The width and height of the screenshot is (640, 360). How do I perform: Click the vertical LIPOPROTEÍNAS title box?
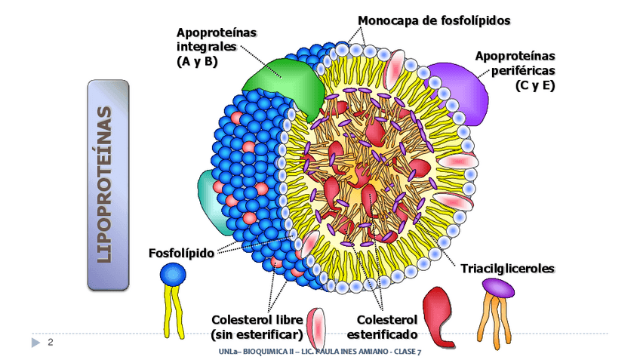(108, 185)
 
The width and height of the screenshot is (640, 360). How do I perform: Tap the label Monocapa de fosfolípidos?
(434, 20)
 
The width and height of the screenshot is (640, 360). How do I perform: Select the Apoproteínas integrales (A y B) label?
(206, 47)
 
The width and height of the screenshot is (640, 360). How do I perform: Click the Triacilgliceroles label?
(507, 269)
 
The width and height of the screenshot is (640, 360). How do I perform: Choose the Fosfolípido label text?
(180, 252)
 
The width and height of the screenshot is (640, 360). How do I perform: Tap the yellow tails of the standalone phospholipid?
(173, 311)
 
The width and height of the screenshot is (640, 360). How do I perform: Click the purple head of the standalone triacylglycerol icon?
(497, 287)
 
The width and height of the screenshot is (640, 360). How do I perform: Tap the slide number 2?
(50, 343)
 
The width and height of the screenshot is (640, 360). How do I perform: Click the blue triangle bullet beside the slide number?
(35, 343)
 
